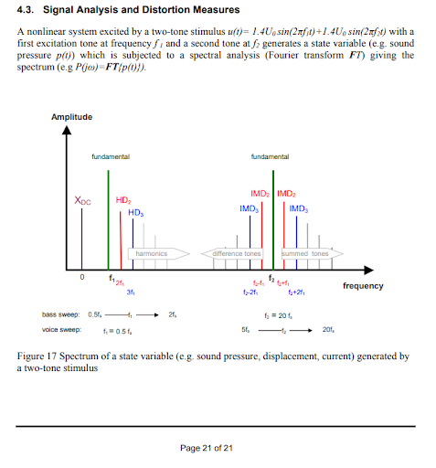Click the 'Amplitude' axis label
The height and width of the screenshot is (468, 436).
pos(70,117)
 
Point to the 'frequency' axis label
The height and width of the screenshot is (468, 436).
pos(363,286)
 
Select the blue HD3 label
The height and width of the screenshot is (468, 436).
pos(136,212)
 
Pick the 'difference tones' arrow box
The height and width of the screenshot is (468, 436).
pos(237,253)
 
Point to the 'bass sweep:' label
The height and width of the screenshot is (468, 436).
pos(63,314)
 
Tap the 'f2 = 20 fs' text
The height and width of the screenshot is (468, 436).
pos(276,314)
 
